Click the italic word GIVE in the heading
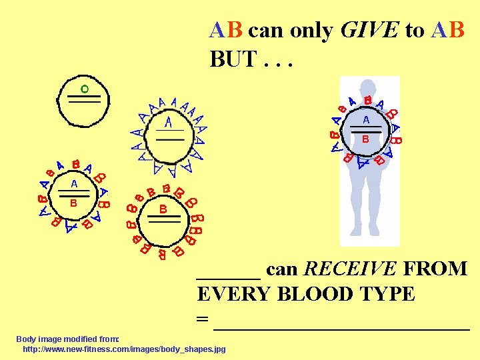(x=369, y=30)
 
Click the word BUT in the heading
(x=233, y=59)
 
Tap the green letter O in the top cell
(x=85, y=89)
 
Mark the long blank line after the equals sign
(x=341, y=327)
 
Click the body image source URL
(x=124, y=349)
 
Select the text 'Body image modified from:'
(x=67, y=339)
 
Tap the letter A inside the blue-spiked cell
(x=169, y=123)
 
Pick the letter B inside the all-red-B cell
(x=163, y=209)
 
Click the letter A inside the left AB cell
(x=74, y=183)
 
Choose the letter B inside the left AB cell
(x=74, y=203)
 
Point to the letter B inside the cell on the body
(x=365, y=139)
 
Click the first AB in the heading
(x=227, y=30)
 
